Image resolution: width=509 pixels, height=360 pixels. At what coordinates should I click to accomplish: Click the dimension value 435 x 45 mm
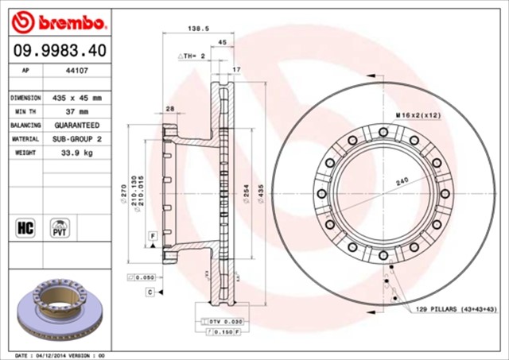pos(77,98)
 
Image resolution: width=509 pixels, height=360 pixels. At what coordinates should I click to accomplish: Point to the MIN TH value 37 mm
pos(77,112)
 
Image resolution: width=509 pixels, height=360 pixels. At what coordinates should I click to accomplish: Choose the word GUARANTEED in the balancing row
pos(77,126)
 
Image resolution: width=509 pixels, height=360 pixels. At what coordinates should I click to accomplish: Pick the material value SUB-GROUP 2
pos(77,139)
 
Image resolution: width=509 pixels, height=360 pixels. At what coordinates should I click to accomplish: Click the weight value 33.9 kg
pos(77,153)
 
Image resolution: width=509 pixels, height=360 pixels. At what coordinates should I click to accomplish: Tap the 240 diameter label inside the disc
pos(402,182)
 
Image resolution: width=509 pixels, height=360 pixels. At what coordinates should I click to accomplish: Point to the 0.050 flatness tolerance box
pos(142,277)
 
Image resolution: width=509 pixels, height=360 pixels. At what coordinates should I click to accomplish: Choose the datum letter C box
pos(149,292)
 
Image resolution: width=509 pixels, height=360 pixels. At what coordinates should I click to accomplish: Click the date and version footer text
pos(60,354)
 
